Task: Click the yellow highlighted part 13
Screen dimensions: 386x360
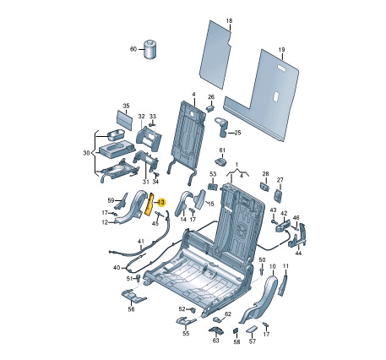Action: (149, 205)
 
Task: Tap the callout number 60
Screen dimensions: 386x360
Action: (133, 49)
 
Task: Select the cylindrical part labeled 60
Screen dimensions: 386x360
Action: (150, 50)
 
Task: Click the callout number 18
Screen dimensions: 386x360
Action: (230, 20)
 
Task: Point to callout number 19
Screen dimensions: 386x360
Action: (281, 50)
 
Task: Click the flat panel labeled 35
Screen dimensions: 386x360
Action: (124, 120)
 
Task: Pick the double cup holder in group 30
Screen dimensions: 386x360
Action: (117, 134)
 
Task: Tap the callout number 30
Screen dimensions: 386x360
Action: (86, 153)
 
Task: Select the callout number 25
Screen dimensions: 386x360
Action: (237, 133)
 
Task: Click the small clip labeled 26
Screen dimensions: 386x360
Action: (211, 107)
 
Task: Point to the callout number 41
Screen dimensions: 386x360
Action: (141, 242)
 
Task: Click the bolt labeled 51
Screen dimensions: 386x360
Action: (138, 278)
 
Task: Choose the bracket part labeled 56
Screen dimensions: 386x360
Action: (133, 296)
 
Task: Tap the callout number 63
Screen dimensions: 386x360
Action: (215, 341)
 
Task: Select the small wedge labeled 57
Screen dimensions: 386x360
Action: (251, 330)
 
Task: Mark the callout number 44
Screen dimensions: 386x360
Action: (298, 254)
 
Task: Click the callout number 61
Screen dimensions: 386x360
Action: (222, 150)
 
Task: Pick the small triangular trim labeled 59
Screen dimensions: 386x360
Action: (122, 200)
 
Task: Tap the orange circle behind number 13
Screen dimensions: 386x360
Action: (161, 203)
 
